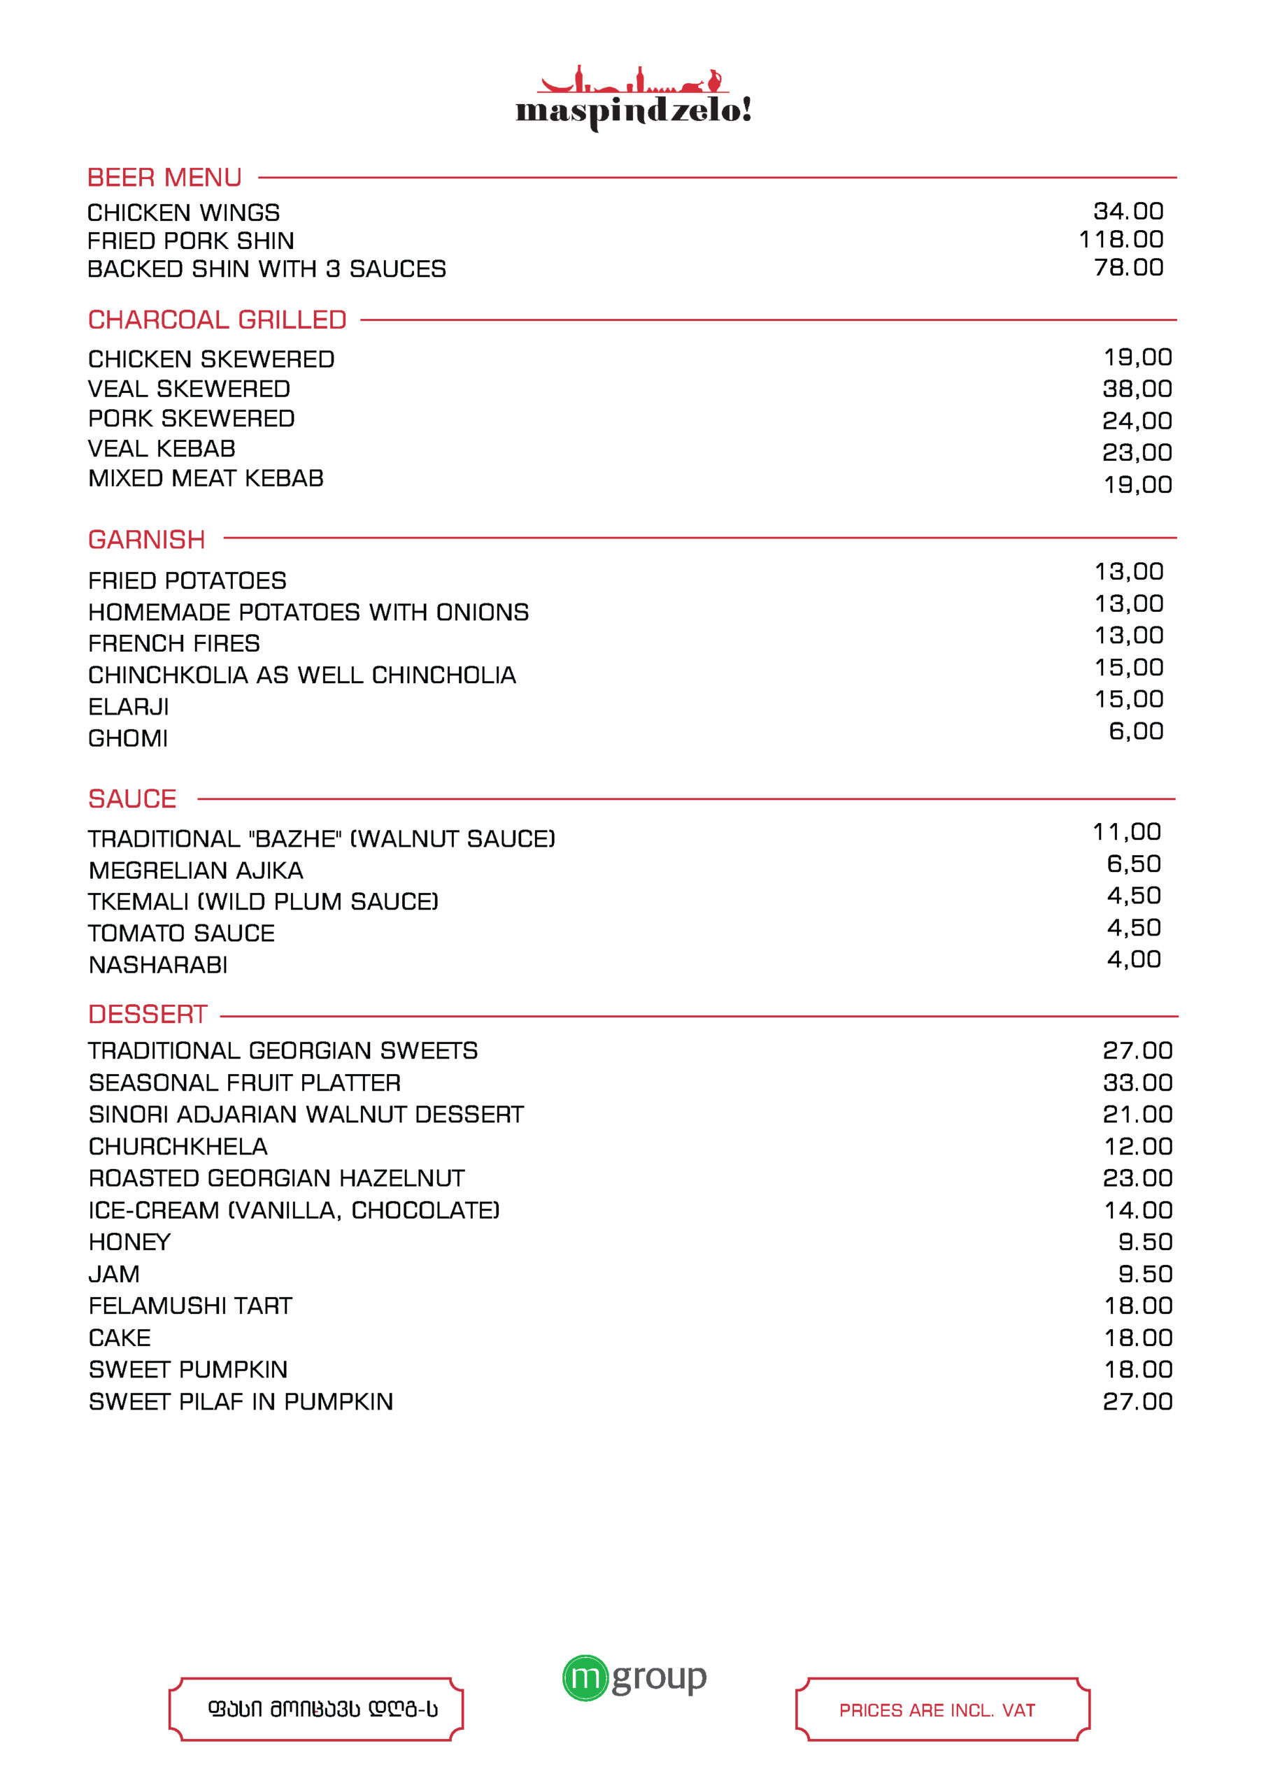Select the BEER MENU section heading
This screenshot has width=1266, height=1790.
(164, 178)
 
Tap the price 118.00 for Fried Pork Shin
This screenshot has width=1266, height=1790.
(1121, 239)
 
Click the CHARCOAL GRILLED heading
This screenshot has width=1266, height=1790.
(217, 320)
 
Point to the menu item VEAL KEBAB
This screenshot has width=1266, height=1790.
(162, 448)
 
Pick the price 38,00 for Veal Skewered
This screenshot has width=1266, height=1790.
(1137, 388)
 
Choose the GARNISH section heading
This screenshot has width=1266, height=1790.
(147, 540)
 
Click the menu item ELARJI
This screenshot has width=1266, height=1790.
(129, 706)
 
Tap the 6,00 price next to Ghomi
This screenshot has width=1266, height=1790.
(1136, 731)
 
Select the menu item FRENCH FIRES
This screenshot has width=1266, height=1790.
(174, 643)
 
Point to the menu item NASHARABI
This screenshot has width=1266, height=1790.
(158, 964)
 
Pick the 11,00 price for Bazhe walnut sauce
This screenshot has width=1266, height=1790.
(1126, 832)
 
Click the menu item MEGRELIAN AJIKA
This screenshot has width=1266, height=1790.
(196, 870)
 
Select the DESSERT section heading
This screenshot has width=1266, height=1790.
(148, 1015)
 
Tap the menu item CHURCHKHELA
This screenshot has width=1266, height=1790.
(178, 1146)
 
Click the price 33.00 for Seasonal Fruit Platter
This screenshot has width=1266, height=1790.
(1137, 1082)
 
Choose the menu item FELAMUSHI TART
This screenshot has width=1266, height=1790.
(190, 1306)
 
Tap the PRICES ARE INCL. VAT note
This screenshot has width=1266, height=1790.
(937, 1710)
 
